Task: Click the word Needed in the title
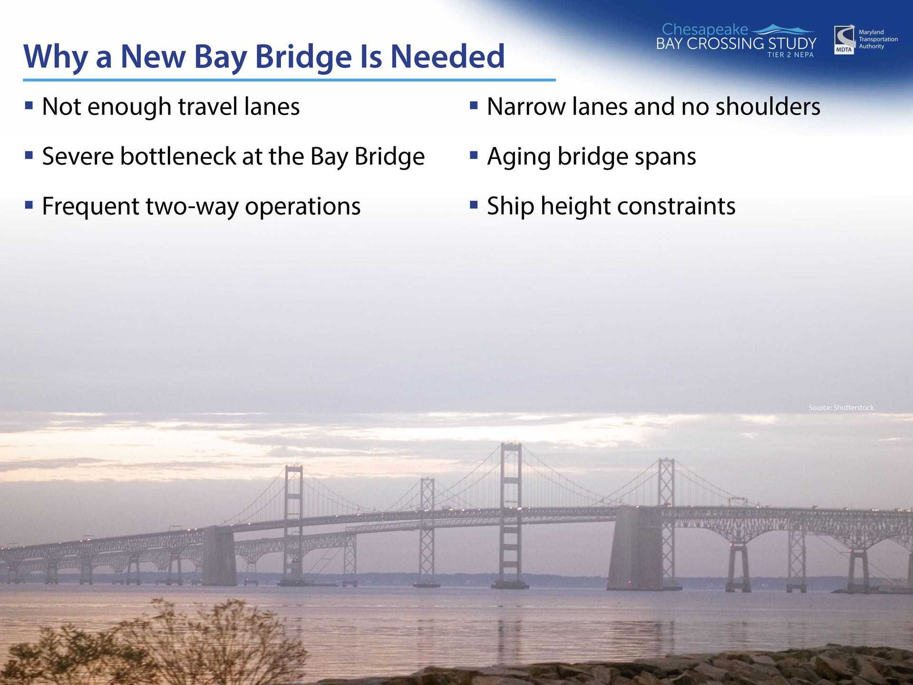pos(447,56)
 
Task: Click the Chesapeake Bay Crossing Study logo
pos(736,40)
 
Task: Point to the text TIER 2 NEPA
pos(790,55)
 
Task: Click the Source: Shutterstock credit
pos(841,408)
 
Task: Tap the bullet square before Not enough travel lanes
pos(29,105)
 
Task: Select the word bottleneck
pos(178,156)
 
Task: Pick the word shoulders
pos(768,106)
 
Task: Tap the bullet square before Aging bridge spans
pos(474,155)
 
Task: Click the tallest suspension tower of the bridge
pos(511,514)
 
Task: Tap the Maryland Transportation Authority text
pos(878,39)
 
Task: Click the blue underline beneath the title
pos(289,80)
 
